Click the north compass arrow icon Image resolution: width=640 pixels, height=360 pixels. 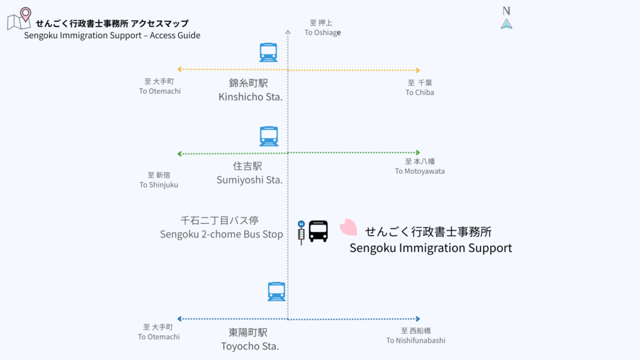pyautogui.click(x=506, y=24)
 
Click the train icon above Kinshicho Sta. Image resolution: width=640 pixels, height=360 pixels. pyautogui.click(x=268, y=52)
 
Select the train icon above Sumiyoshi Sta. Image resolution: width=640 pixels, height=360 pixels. pyautogui.click(x=268, y=136)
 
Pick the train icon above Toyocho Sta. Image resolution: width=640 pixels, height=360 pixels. pyautogui.click(x=276, y=291)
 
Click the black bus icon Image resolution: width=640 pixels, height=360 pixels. pyautogui.click(x=318, y=231)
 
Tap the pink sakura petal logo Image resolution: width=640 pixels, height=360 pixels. pyautogui.click(x=348, y=227)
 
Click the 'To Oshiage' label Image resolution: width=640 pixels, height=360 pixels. pyautogui.click(x=322, y=32)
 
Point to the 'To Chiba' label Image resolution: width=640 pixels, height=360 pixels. pyautogui.click(x=419, y=92)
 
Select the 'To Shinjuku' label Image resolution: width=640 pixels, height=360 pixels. pyautogui.click(x=159, y=184)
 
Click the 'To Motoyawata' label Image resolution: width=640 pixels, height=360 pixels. pyautogui.click(x=419, y=171)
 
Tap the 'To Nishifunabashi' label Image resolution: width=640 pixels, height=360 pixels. pyautogui.click(x=416, y=340)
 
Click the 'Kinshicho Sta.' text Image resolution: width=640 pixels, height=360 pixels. pyautogui.click(x=250, y=97)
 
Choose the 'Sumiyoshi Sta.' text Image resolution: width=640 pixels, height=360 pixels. pyautogui.click(x=249, y=180)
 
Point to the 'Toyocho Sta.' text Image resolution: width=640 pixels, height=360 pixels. pyautogui.click(x=249, y=346)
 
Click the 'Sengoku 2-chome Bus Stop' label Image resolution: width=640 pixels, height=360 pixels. pyautogui.click(x=221, y=234)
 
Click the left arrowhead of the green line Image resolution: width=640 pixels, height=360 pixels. pyautogui.click(x=180, y=154)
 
